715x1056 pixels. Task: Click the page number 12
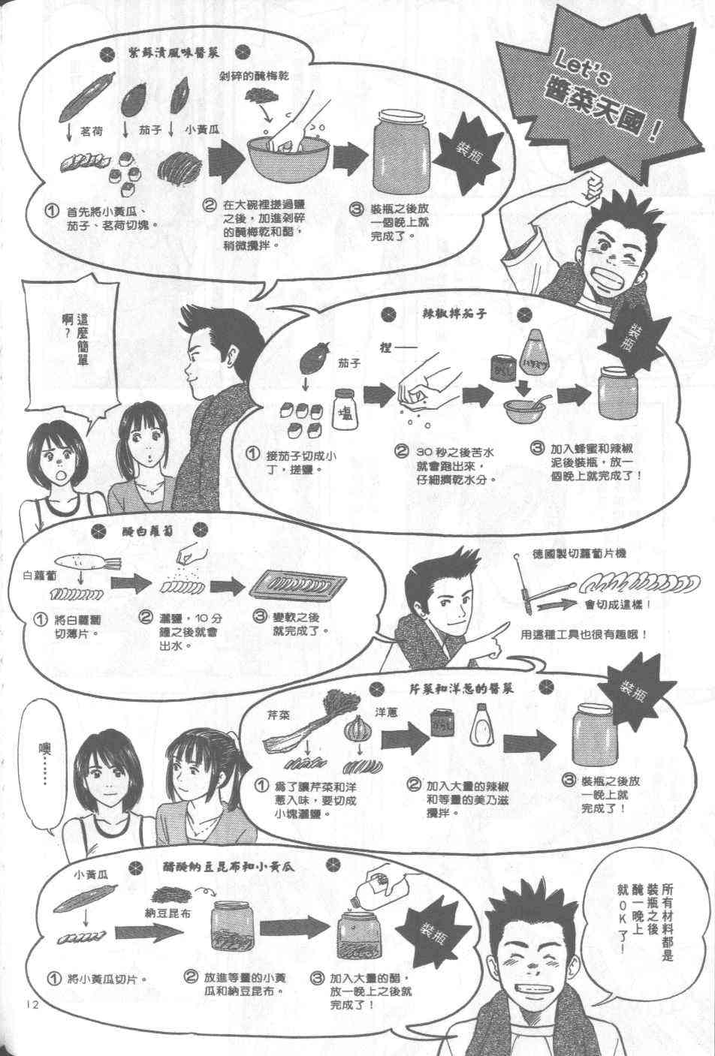(x=31, y=1005)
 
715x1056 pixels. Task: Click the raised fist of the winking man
(x=590, y=182)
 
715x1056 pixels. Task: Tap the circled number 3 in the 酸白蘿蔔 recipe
(x=261, y=616)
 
